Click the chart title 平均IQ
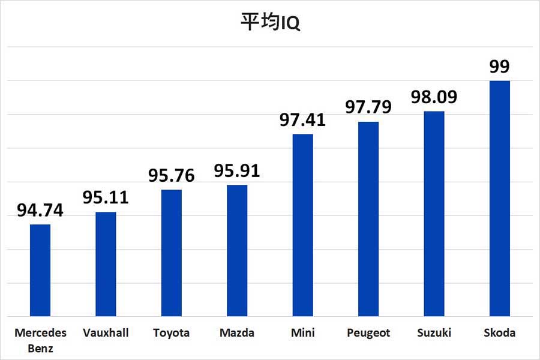[x=270, y=23]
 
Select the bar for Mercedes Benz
[x=40, y=270]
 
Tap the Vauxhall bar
[x=106, y=264]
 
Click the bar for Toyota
[x=172, y=253]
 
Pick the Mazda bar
[x=237, y=250]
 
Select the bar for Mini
[x=302, y=225]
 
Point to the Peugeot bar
[x=368, y=219]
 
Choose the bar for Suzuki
[x=434, y=214]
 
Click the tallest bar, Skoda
[x=499, y=198]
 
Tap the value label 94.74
[x=40, y=211]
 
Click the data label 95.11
[x=106, y=198]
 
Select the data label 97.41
[x=302, y=120]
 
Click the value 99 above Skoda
[x=499, y=67]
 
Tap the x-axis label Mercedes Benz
[x=40, y=339]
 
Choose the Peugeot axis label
[x=368, y=333]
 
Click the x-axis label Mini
[x=302, y=333]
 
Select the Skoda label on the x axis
[x=499, y=333]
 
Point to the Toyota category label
[x=172, y=333]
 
